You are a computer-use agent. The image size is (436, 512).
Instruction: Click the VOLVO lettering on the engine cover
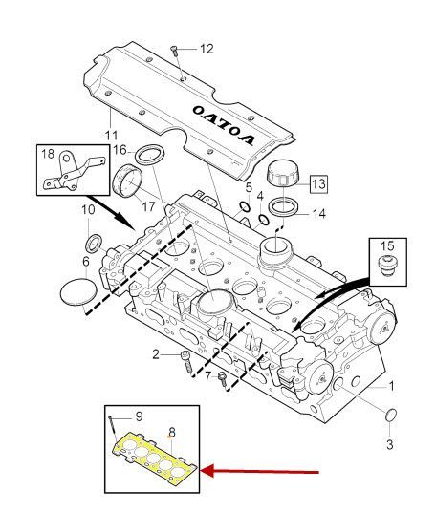pyautogui.click(x=225, y=121)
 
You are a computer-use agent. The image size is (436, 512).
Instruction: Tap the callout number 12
pyautogui.click(x=207, y=48)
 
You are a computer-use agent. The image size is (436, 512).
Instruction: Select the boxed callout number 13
pyautogui.click(x=316, y=181)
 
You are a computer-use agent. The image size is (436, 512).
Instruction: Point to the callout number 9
pyautogui.click(x=139, y=416)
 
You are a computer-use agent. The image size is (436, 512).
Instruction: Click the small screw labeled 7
pyautogui.click(x=222, y=379)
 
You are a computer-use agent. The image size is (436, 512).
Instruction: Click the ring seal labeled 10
pyautogui.click(x=95, y=238)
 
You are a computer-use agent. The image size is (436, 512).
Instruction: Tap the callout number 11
pyautogui.click(x=111, y=135)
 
